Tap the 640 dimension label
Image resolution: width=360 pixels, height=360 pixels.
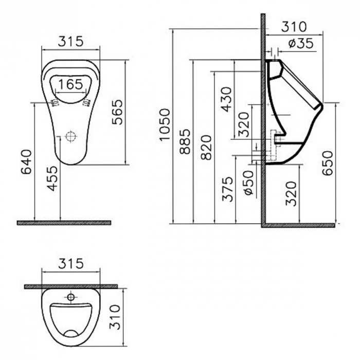tap(26, 162)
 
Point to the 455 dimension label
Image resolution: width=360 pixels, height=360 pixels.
tap(52, 178)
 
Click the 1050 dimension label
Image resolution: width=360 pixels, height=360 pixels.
tap(164, 124)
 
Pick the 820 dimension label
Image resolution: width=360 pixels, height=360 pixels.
tap(205, 147)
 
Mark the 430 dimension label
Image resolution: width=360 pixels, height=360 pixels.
tap(226, 99)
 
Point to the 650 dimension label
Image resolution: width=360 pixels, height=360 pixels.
tap(327, 163)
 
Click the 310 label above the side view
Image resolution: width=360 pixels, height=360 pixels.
tap(294, 26)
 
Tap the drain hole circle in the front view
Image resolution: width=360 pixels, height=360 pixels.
tap(70, 137)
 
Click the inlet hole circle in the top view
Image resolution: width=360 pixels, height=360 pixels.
tap(70, 297)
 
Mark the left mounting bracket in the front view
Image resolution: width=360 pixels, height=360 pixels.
tap(54, 102)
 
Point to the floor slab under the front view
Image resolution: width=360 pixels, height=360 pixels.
tap(64, 223)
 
